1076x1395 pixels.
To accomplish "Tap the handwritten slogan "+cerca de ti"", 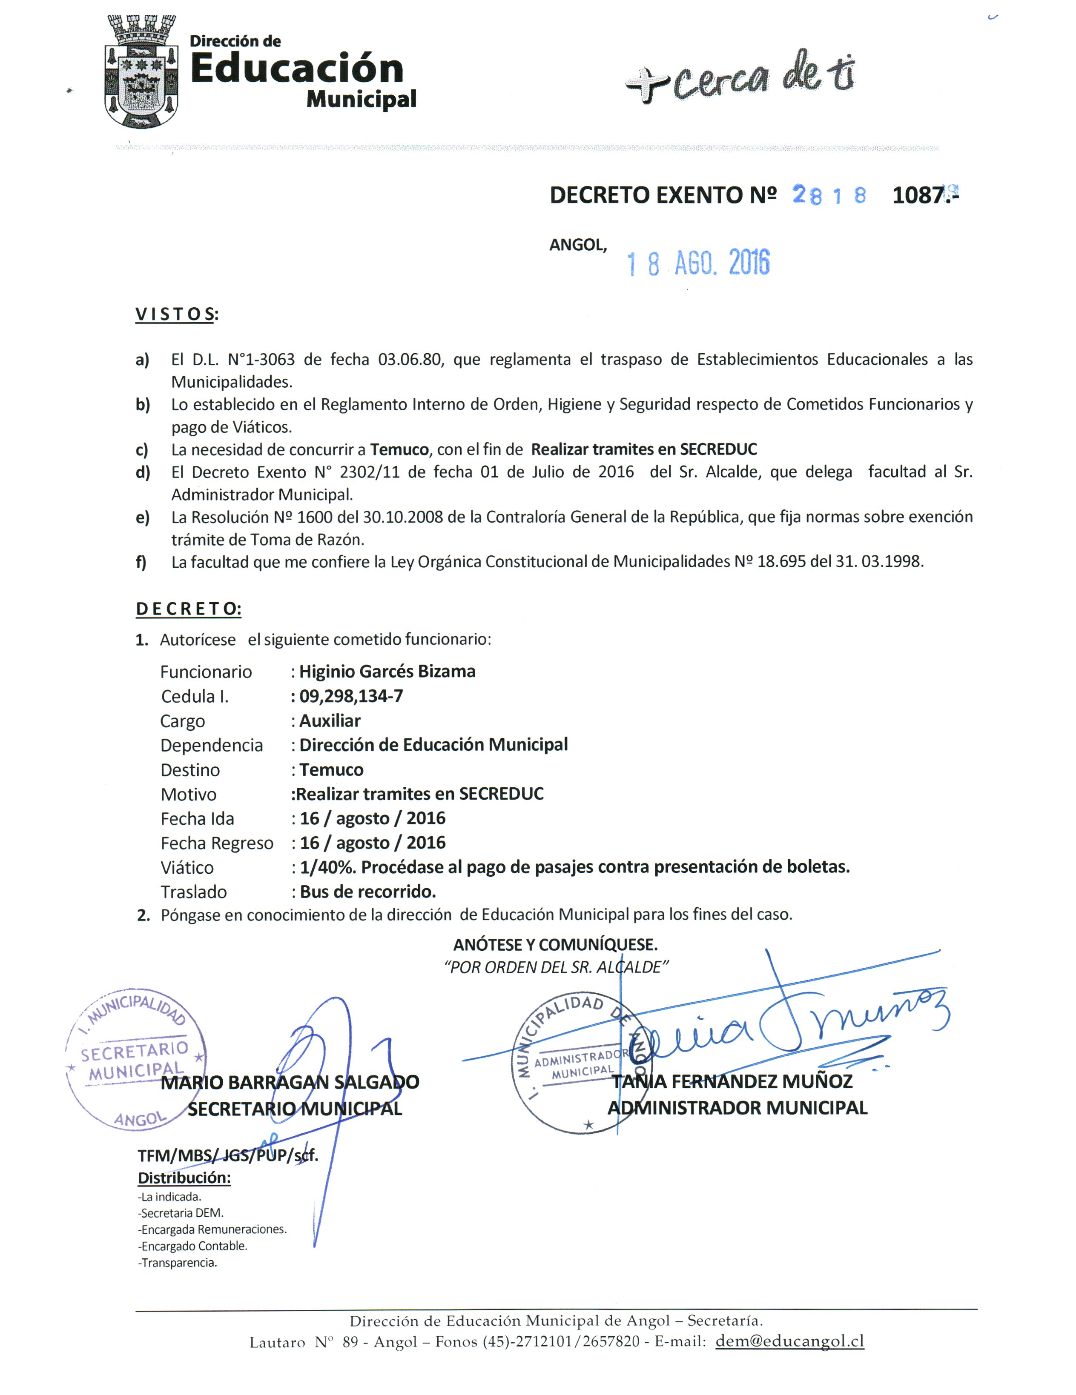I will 740,77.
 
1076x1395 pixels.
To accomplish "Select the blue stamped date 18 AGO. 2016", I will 698,263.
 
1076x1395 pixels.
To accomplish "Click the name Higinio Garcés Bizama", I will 387,671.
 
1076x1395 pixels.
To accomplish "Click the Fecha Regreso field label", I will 217,843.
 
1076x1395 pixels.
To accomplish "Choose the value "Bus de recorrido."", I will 367,892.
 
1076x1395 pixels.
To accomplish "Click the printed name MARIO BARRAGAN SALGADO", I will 290,1082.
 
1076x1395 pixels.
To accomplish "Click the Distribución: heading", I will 184,1178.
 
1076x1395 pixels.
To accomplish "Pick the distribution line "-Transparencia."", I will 177,1263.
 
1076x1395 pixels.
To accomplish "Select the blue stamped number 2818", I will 829,195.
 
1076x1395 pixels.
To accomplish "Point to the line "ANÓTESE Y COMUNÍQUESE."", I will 555,944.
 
